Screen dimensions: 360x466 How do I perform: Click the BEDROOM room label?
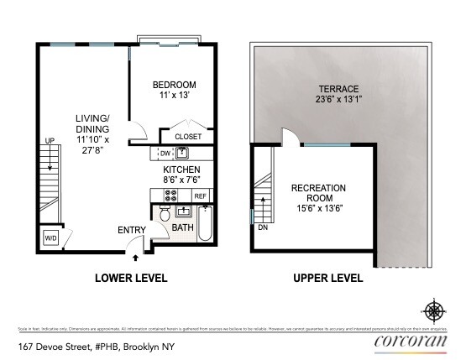click(174, 85)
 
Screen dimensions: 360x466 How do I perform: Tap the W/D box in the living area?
click(51, 237)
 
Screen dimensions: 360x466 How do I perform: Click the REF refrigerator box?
click(200, 196)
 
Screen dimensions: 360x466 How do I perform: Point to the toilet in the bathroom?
click(165, 217)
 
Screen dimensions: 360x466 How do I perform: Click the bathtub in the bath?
click(204, 227)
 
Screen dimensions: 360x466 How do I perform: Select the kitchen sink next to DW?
click(183, 153)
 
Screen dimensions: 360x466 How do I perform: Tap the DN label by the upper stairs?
click(264, 226)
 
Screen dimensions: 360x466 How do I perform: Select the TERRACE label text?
click(338, 88)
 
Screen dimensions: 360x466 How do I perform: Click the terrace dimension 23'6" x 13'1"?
click(338, 100)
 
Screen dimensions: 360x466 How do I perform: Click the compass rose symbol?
click(434, 310)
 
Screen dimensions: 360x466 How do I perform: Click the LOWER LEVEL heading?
click(130, 278)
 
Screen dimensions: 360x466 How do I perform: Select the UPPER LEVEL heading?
click(327, 278)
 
